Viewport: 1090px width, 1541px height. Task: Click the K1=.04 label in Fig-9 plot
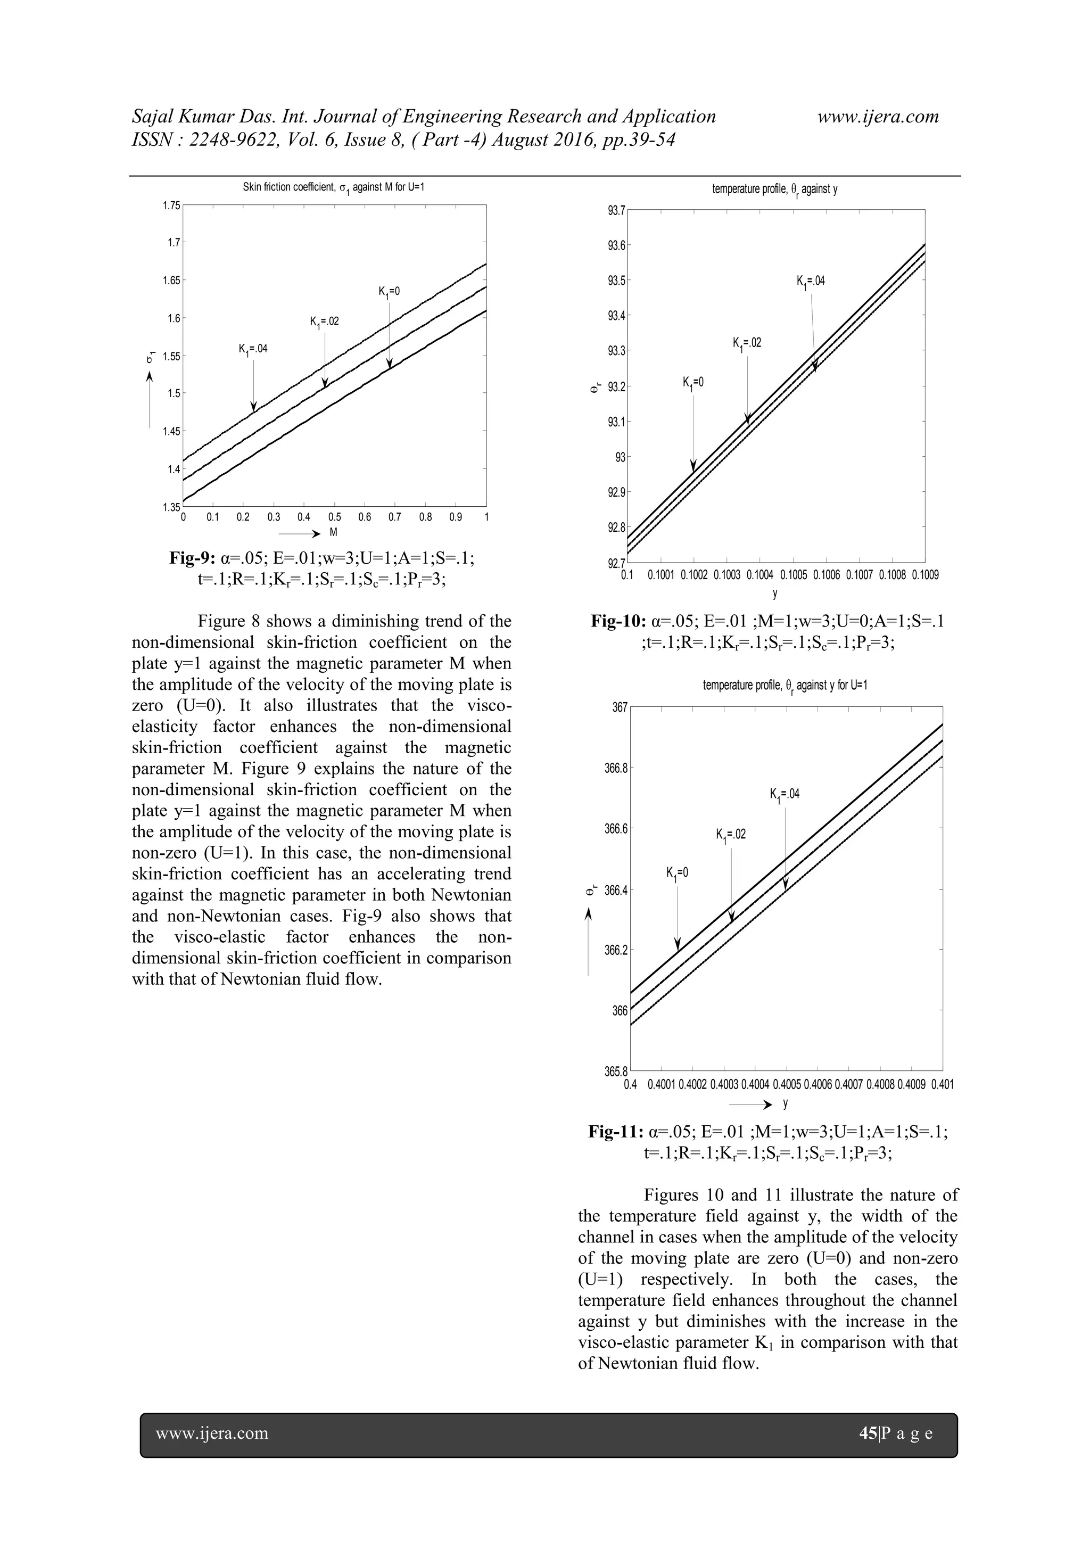253,349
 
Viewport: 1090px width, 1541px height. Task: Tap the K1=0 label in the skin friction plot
389,292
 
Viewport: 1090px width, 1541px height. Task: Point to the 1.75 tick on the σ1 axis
172,205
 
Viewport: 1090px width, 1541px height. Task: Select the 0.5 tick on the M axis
334,517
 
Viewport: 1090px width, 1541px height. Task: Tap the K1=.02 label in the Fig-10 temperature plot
747,343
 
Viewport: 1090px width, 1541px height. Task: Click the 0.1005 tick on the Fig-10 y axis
794,575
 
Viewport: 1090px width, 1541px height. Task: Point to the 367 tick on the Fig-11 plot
619,707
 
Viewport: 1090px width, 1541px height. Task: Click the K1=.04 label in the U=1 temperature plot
785,795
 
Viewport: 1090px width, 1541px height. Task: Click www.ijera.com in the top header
878,117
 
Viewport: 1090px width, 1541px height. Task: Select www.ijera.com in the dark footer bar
212,1433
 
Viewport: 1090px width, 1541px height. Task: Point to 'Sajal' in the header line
153,117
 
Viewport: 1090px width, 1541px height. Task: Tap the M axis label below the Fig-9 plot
333,533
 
